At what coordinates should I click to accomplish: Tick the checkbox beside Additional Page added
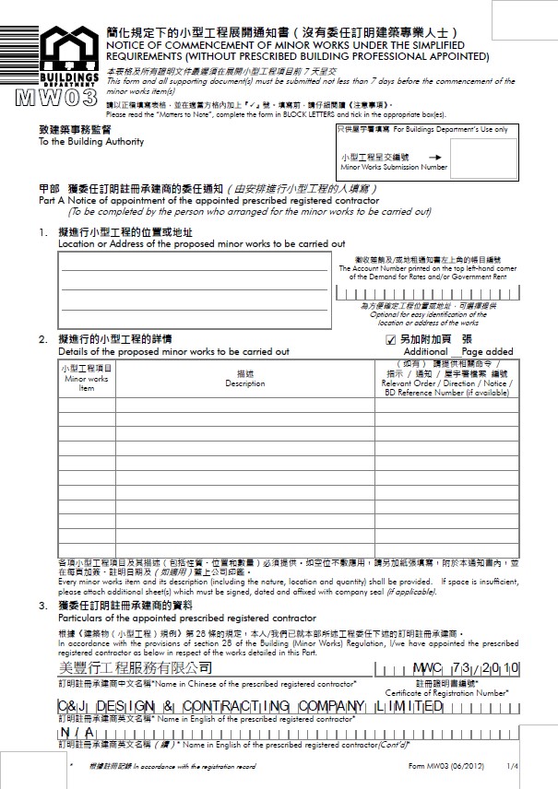390,339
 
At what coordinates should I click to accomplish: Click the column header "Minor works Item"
86,378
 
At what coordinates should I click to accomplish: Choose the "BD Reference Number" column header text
445,392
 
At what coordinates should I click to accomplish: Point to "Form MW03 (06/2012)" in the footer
444,766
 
